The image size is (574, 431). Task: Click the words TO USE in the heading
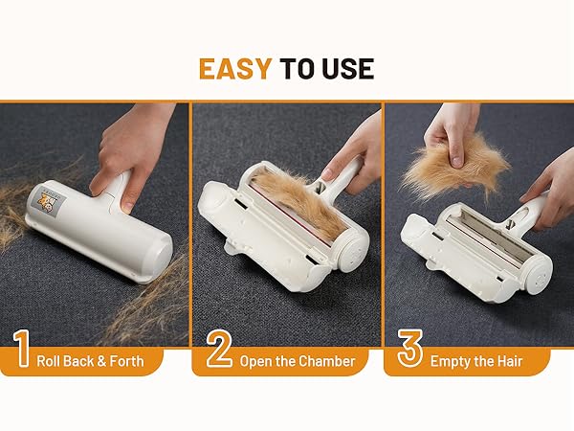pyautogui.click(x=326, y=69)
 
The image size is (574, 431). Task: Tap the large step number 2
pyautogui.click(x=219, y=350)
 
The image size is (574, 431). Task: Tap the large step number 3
pyautogui.click(x=410, y=350)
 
